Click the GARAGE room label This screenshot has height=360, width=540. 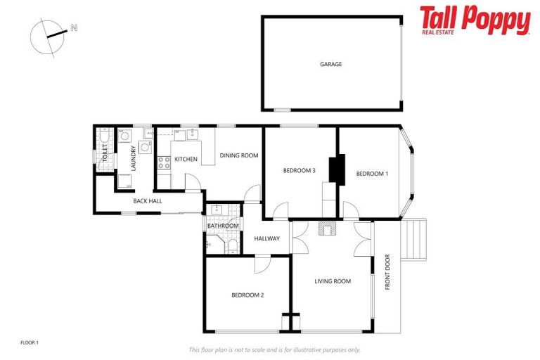331,64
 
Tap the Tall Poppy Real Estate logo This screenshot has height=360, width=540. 475,20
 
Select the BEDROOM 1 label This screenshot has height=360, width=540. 372,174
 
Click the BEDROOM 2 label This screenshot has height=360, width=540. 247,295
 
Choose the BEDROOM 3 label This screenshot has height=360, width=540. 300,170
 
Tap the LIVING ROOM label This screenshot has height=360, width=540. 332,281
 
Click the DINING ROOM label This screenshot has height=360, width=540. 239,155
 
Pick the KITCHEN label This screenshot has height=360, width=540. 186,159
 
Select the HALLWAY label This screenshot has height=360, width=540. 267,238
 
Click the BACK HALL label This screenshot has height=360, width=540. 148,201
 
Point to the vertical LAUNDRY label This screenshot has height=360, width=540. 134,158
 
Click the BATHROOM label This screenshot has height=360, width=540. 223,226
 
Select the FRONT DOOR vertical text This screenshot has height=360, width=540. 387,277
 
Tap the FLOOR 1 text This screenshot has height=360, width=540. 30,342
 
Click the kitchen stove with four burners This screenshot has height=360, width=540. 163,162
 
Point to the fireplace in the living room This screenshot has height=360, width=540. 328,228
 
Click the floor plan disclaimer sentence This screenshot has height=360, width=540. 275,349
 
